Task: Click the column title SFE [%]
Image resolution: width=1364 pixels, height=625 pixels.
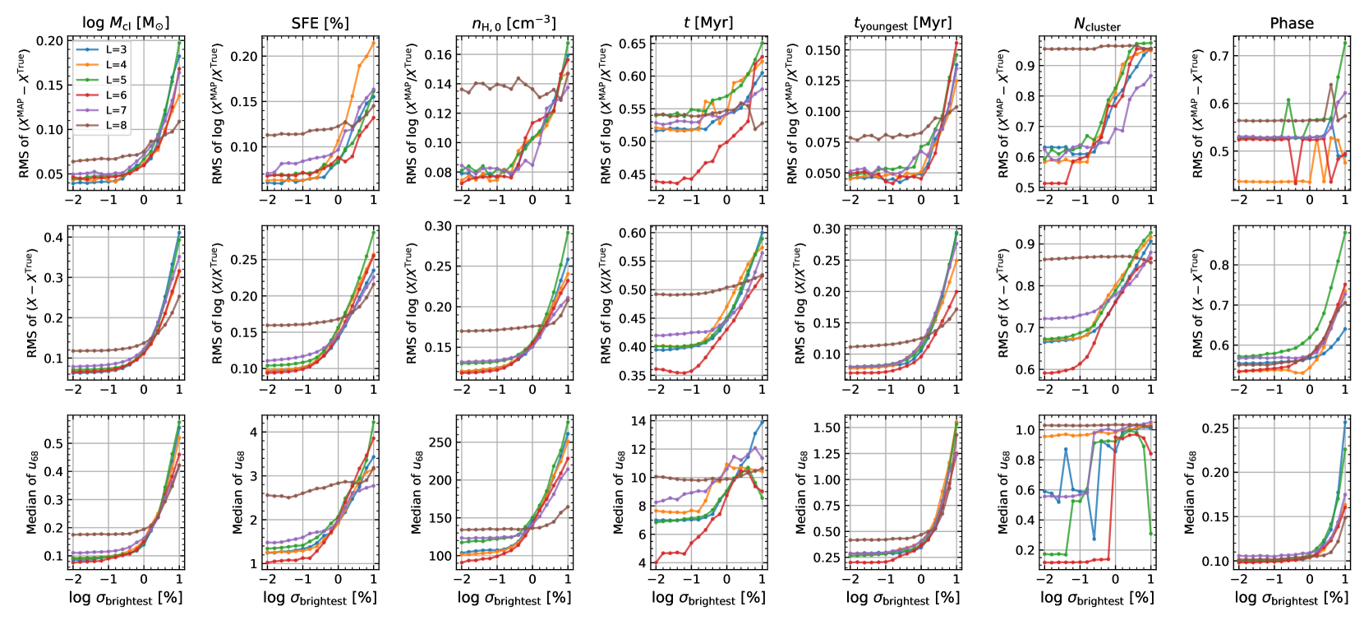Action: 320,23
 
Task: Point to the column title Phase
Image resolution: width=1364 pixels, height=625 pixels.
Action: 1292,23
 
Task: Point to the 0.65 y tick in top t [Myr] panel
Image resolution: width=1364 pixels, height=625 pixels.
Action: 633,44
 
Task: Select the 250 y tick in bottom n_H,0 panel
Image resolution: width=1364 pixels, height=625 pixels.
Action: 440,442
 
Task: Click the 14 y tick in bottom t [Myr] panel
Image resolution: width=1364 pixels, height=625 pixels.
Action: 638,421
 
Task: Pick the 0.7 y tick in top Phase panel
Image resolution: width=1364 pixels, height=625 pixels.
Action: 1219,56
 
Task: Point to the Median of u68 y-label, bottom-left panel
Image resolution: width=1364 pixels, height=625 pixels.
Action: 32,492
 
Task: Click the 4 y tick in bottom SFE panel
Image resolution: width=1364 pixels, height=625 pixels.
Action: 253,432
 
